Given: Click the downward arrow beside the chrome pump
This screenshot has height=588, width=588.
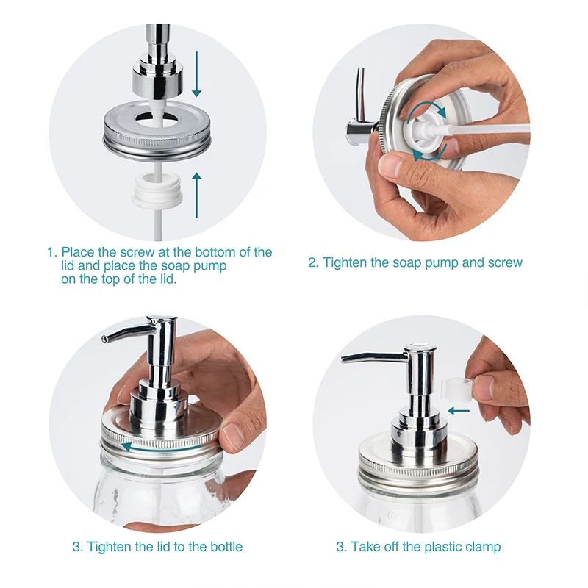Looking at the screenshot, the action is pyautogui.click(x=196, y=74).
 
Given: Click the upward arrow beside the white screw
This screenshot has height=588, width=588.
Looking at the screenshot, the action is pyautogui.click(x=196, y=196).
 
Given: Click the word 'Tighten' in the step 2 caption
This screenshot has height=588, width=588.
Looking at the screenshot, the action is pyautogui.click(x=345, y=262).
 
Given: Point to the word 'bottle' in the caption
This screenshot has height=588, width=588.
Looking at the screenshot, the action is pyautogui.click(x=226, y=547).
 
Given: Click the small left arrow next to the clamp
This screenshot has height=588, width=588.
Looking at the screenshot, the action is pyautogui.click(x=459, y=411).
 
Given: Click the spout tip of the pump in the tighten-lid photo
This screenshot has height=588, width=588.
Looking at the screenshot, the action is pyautogui.click(x=104, y=339).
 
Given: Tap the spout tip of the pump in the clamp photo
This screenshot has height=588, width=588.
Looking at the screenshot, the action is pyautogui.click(x=343, y=359).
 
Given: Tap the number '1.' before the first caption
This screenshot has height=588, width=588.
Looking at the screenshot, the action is pyautogui.click(x=51, y=252).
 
